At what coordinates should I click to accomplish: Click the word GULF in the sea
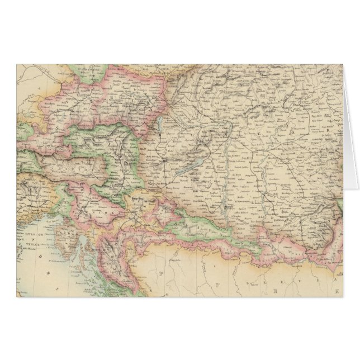click(x=26, y=236)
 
